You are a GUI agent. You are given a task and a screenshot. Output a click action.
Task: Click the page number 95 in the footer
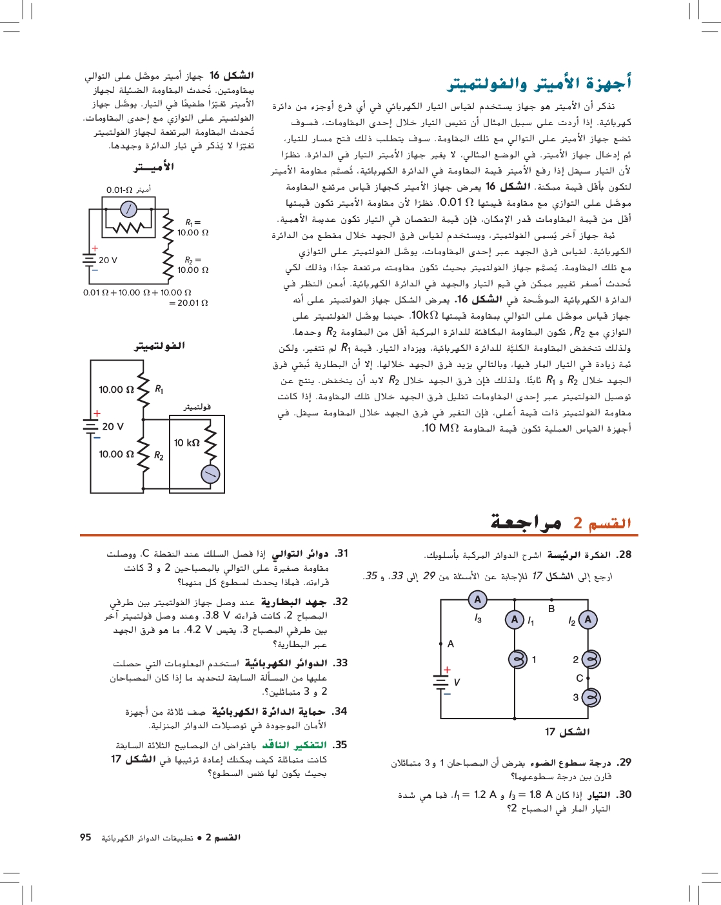[x=86, y=837]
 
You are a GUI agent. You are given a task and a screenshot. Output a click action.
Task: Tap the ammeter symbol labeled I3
[x=477, y=600]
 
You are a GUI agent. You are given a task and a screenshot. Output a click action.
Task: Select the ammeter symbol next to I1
[x=514, y=620]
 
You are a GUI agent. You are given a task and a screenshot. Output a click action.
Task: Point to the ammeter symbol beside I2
[x=588, y=620]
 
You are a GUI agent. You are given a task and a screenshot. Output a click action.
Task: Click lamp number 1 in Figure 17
[x=518, y=659]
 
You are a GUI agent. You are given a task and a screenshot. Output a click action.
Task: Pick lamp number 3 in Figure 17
[x=591, y=697]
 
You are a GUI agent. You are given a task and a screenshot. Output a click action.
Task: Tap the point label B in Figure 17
[x=551, y=608]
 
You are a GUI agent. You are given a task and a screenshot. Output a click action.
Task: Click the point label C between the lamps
[x=579, y=678]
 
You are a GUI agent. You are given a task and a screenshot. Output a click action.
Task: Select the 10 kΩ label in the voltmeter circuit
[x=186, y=443]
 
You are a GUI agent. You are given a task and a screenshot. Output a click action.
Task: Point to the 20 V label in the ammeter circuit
[x=108, y=260]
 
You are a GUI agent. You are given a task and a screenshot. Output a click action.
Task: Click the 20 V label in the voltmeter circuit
[x=112, y=426]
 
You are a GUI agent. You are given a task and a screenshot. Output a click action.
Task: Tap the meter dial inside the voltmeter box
[x=210, y=475]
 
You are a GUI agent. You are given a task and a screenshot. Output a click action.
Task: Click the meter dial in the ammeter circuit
[x=129, y=208]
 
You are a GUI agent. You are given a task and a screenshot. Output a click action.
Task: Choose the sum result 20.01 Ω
[x=188, y=303]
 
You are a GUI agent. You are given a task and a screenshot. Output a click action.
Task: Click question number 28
[x=624, y=555]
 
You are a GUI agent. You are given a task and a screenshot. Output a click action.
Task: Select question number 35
[x=340, y=744]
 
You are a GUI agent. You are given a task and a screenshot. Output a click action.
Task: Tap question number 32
[x=340, y=601]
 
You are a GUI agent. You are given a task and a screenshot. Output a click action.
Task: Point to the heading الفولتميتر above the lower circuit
[x=159, y=346]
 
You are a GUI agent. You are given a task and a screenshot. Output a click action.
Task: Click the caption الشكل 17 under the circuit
[x=567, y=731]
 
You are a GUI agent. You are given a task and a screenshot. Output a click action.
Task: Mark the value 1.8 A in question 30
[x=540, y=795]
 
